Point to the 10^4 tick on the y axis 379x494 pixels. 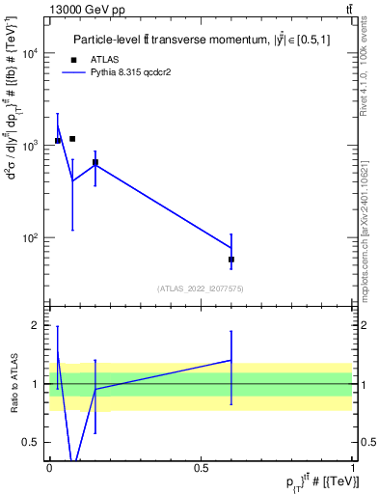click(34, 54)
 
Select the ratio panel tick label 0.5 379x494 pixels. click(35, 442)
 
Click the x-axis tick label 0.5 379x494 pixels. click(201, 468)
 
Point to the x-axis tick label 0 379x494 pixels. click(49, 468)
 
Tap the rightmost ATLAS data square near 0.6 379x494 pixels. click(231, 260)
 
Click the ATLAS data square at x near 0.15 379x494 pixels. click(95, 162)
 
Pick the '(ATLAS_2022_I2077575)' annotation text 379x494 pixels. click(201, 288)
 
